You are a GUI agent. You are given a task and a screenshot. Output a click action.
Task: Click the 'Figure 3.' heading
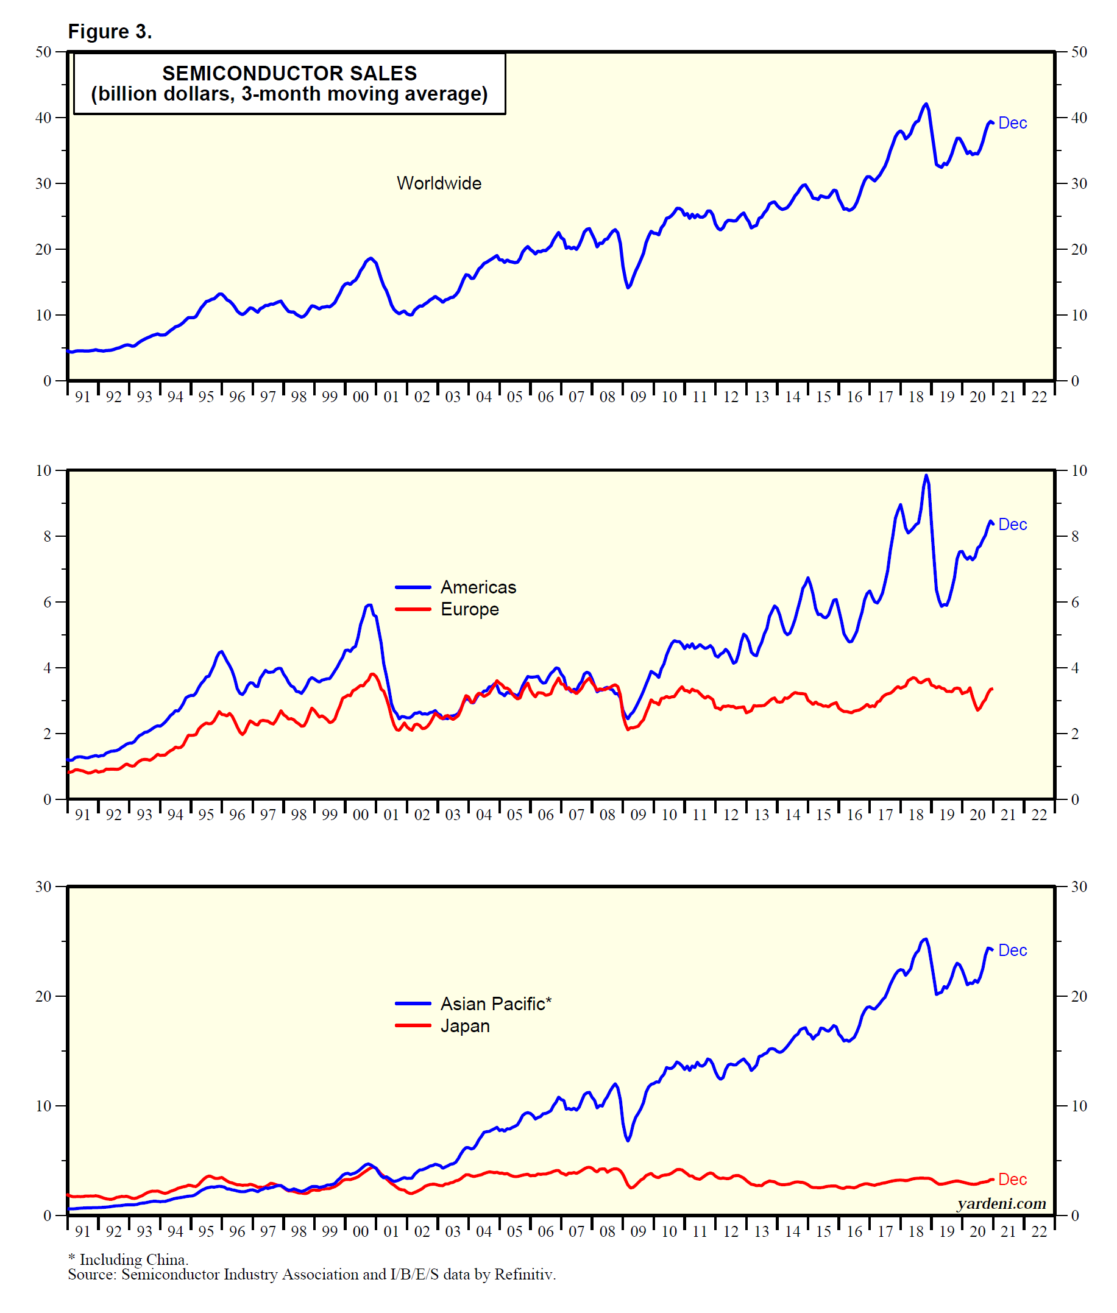click(x=110, y=32)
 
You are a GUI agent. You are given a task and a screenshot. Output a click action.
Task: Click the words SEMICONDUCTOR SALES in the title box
click(x=289, y=74)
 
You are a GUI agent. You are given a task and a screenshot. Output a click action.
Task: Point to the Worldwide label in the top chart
click(x=439, y=183)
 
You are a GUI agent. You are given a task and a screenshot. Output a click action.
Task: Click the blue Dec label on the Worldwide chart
click(x=1012, y=124)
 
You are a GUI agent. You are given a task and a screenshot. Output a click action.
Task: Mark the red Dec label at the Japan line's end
click(x=1012, y=1180)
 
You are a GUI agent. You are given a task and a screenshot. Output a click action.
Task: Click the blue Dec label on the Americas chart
click(x=1012, y=525)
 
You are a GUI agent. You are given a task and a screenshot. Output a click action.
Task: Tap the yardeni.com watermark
click(x=1001, y=1203)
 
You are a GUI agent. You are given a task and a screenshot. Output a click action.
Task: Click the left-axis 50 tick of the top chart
click(x=43, y=52)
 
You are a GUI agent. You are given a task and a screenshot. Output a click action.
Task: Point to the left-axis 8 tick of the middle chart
click(x=47, y=537)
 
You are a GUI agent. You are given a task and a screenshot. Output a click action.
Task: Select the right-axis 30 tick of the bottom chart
click(x=1079, y=887)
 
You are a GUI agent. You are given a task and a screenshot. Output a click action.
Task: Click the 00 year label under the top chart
click(x=360, y=398)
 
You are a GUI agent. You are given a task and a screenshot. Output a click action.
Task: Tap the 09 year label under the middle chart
click(x=638, y=815)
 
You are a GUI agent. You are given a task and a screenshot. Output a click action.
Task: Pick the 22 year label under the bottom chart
click(x=1039, y=1231)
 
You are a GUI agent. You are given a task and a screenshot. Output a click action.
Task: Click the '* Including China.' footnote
click(x=128, y=1260)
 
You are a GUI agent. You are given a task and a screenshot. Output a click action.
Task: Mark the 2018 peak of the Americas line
click(x=926, y=475)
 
